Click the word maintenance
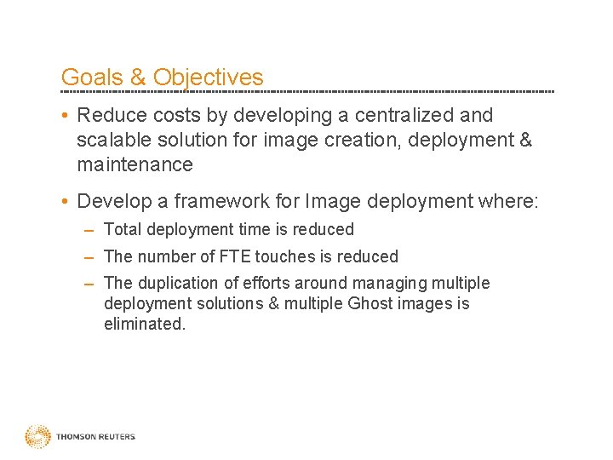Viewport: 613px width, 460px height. [135, 164]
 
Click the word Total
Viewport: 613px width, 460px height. [123, 229]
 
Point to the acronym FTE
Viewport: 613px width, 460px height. [234, 256]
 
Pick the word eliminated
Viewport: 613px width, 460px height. [144, 324]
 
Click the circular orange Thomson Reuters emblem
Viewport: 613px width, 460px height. [37, 437]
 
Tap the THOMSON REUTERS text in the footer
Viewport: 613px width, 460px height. [95, 437]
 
